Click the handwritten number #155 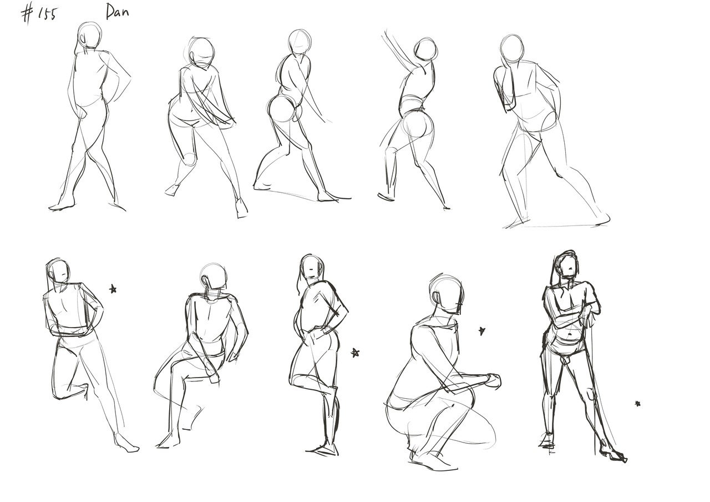(39, 15)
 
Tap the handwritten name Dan (117, 12)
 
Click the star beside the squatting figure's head (482, 331)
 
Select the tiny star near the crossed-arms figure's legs (638, 404)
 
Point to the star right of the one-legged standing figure (355, 353)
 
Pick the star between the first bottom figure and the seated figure (113, 289)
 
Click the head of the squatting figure (447, 294)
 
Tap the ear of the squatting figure (437, 299)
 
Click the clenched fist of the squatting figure (494, 381)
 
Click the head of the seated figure (214, 276)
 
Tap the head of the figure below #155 (90, 35)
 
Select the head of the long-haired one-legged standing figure (312, 267)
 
